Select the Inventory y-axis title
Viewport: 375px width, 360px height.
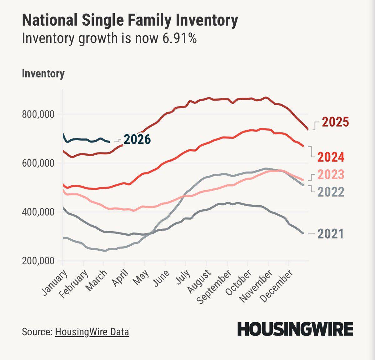click(43, 74)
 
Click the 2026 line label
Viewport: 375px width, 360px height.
click(137, 139)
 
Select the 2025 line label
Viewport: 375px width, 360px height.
click(335, 122)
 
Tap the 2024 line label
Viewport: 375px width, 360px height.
click(331, 157)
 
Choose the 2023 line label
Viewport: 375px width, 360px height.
click(331, 175)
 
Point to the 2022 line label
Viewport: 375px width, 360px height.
click(331, 192)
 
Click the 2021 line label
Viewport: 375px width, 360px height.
click(331, 234)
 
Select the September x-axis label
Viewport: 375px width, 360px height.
click(214, 287)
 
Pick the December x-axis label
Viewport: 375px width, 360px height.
click(277, 286)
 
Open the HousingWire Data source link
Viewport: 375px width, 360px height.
click(92, 332)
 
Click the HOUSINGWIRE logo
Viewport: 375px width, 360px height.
click(295, 329)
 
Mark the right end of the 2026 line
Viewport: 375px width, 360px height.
click(109, 142)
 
